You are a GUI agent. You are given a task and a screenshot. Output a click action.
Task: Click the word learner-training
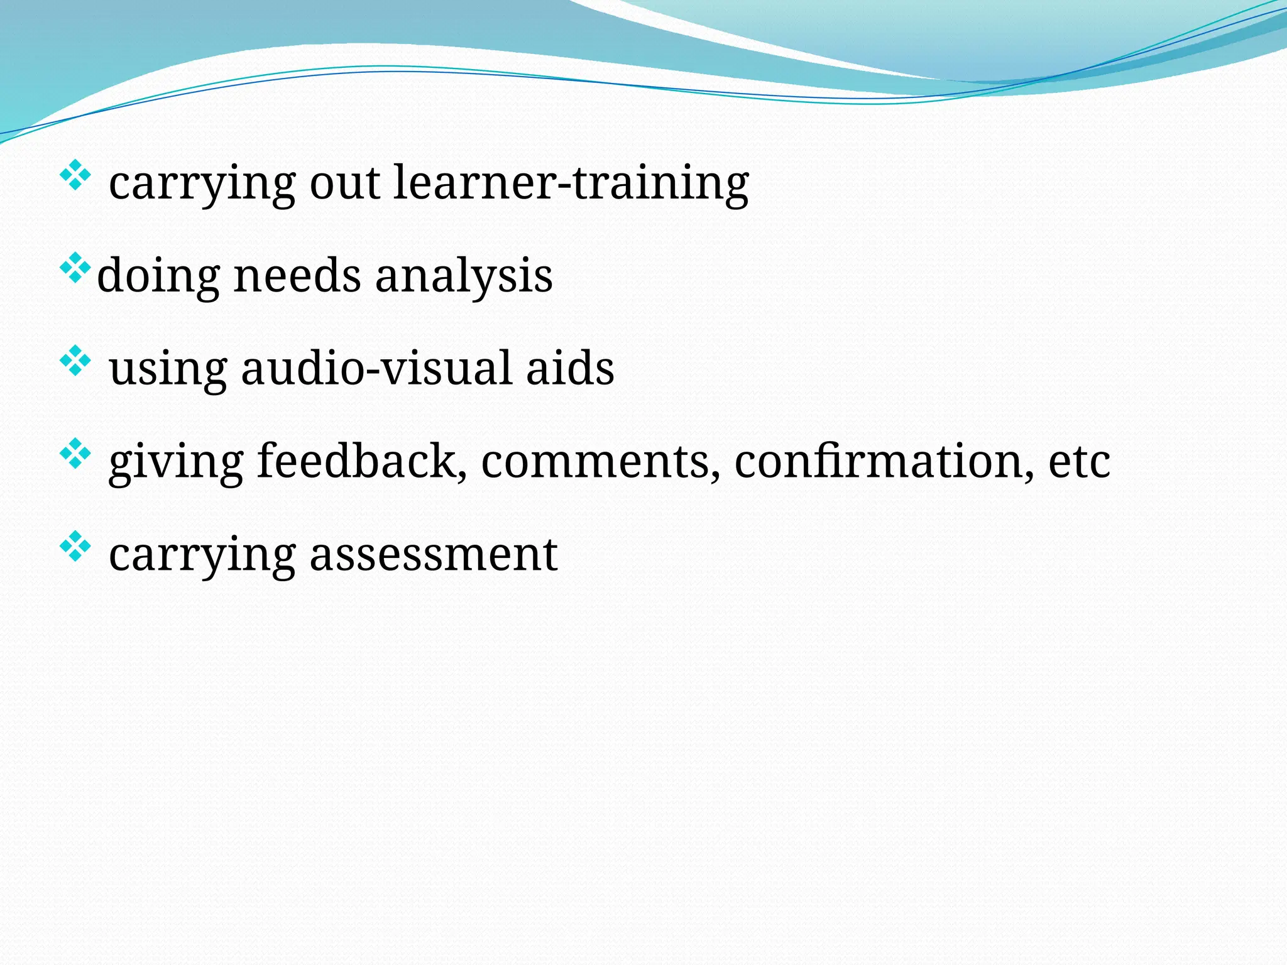pos(571,183)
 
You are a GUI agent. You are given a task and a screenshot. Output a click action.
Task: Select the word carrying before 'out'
pos(202,183)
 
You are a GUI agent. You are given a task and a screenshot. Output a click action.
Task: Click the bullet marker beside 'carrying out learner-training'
pos(75,175)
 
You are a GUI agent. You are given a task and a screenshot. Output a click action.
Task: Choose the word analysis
pos(464,276)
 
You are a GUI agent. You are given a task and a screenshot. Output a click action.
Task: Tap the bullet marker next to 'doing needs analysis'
pos(75,268)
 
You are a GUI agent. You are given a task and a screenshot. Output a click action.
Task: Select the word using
pos(168,369)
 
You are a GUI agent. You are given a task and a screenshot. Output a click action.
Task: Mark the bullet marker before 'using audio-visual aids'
pos(75,361)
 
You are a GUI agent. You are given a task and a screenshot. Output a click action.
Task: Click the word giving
pos(175,462)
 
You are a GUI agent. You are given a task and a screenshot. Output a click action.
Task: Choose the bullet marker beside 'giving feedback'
pos(75,454)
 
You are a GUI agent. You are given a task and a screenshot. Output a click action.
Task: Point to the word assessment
pos(433,555)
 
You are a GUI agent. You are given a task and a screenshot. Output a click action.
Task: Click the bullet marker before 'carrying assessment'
pos(75,547)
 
